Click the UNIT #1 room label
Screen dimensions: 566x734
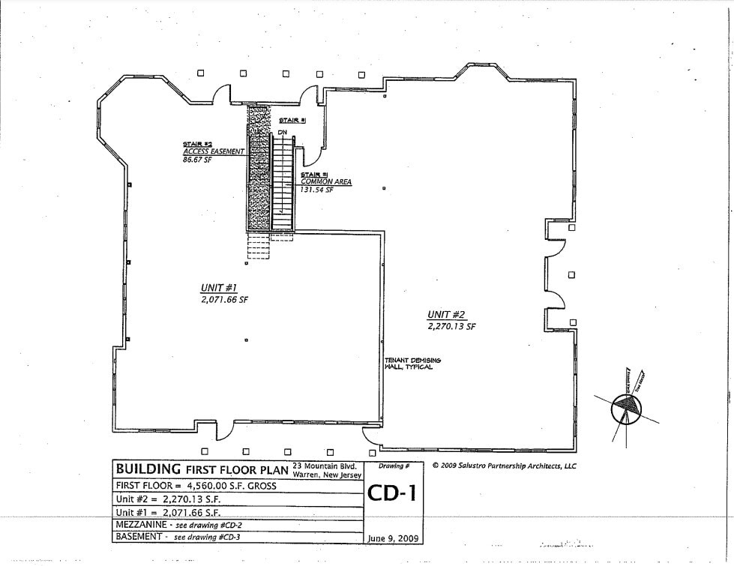point(219,288)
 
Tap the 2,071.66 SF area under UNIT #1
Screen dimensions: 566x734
point(224,299)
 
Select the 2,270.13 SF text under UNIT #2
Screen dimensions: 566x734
point(451,327)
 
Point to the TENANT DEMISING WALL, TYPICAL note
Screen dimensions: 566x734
point(412,364)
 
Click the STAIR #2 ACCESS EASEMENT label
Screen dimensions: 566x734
point(214,148)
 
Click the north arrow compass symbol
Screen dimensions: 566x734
point(627,406)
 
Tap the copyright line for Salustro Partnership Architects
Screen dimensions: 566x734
point(504,466)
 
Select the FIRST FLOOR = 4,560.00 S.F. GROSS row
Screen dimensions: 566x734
point(196,486)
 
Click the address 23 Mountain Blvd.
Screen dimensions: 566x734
point(327,465)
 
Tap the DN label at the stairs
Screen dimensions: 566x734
point(283,133)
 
